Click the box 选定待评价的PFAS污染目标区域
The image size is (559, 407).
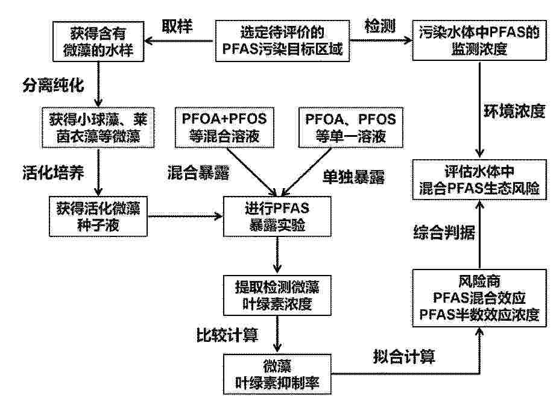coord(282,40)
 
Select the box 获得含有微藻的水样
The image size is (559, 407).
coord(98,42)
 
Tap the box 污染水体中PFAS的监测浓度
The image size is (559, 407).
coord(479,40)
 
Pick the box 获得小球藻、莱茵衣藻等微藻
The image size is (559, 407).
coord(98,128)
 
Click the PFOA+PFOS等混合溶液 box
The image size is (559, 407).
coord(224,127)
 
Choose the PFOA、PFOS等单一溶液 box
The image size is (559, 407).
coord(351,127)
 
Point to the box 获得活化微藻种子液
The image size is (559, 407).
coord(98,216)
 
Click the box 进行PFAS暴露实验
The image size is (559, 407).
coord(277,216)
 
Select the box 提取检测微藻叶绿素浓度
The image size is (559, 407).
coord(277,295)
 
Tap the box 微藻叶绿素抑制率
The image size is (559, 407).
coord(277,374)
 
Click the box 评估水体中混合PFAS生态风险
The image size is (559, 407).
coord(479,180)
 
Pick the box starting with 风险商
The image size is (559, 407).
coord(479,298)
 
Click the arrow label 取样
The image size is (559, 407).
coord(177,26)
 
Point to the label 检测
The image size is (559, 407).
coord(380,26)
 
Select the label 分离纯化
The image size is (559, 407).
coord(53,85)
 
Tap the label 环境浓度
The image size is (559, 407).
coord(514,111)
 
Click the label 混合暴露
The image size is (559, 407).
coord(198,172)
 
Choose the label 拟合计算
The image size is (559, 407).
coord(404,356)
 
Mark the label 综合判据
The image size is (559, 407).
coord(444,232)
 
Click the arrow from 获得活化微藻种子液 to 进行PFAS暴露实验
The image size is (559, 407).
coord(185,216)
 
